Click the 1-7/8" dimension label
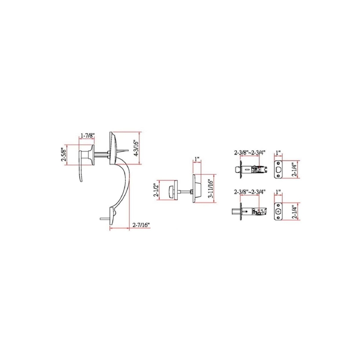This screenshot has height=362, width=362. (87, 135)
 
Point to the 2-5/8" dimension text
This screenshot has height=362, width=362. (64, 154)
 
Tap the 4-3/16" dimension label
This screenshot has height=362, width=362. (136, 148)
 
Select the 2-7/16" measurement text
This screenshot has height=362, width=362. (141, 224)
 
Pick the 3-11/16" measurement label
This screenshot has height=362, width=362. (210, 188)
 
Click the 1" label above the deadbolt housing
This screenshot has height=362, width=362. (197, 159)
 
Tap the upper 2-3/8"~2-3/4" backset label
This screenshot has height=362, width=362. (250, 152)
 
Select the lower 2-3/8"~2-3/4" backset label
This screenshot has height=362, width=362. (250, 192)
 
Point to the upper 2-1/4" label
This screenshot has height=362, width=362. (295, 169)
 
